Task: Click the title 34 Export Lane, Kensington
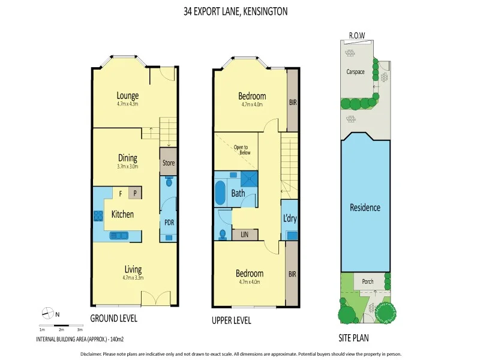pos(239,10)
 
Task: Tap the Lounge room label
pos(127,95)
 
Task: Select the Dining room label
pos(127,158)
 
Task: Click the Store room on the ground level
pos(168,163)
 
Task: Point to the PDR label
pos(169,221)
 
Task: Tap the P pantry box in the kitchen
pos(136,193)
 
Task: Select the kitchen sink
pos(118,236)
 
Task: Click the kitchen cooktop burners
pos(97,215)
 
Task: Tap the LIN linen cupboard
pos(245,234)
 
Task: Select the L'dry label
pos(290,218)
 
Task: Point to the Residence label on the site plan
pos(365,208)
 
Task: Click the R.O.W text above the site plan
pos(357,36)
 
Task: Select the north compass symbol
pos(46,312)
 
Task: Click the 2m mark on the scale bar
pos(61,329)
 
